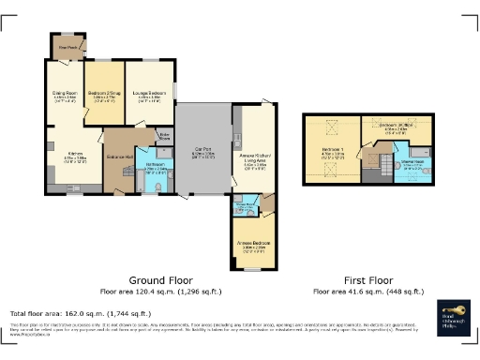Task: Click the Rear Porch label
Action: pos(68,47)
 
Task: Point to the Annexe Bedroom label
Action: pos(253,244)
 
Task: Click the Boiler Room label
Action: pos(165,138)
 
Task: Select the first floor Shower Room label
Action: pos(412,163)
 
